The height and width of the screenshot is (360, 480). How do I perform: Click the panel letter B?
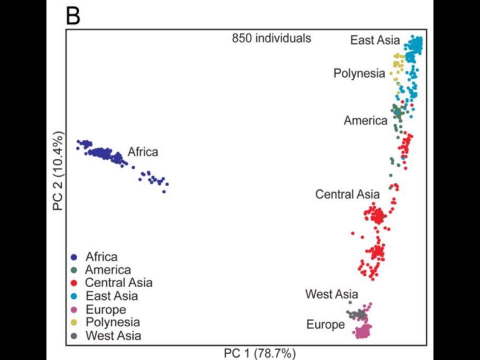click(x=73, y=16)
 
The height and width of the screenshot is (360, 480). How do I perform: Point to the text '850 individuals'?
click(x=271, y=38)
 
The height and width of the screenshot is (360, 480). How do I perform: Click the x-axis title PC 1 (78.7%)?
click(x=260, y=353)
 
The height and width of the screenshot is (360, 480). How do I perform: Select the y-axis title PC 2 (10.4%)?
click(x=58, y=171)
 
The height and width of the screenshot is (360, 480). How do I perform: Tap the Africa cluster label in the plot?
click(x=143, y=152)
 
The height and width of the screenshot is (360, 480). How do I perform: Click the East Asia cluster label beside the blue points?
click(x=375, y=40)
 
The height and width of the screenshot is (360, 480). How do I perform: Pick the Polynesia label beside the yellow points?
click(x=359, y=73)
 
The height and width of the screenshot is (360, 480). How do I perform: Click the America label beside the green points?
click(x=365, y=120)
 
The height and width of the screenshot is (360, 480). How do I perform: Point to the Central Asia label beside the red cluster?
click(x=347, y=194)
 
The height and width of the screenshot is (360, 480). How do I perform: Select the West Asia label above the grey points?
click(x=331, y=294)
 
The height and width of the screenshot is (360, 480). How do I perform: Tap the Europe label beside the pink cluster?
click(x=325, y=324)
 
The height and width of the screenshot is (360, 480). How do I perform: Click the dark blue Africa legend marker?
click(x=74, y=257)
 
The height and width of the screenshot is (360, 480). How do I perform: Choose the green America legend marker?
click(x=74, y=270)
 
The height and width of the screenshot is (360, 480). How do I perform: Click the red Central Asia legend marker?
click(x=74, y=283)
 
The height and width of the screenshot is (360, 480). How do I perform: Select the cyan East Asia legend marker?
click(x=74, y=296)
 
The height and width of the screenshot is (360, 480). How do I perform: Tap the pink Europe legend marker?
click(x=74, y=309)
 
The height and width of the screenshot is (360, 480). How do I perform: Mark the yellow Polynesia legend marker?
click(x=74, y=322)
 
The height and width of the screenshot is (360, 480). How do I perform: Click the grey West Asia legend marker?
click(x=74, y=335)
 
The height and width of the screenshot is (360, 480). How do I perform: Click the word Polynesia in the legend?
click(x=113, y=322)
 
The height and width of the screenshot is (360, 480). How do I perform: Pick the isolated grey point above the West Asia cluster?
click(x=350, y=302)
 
